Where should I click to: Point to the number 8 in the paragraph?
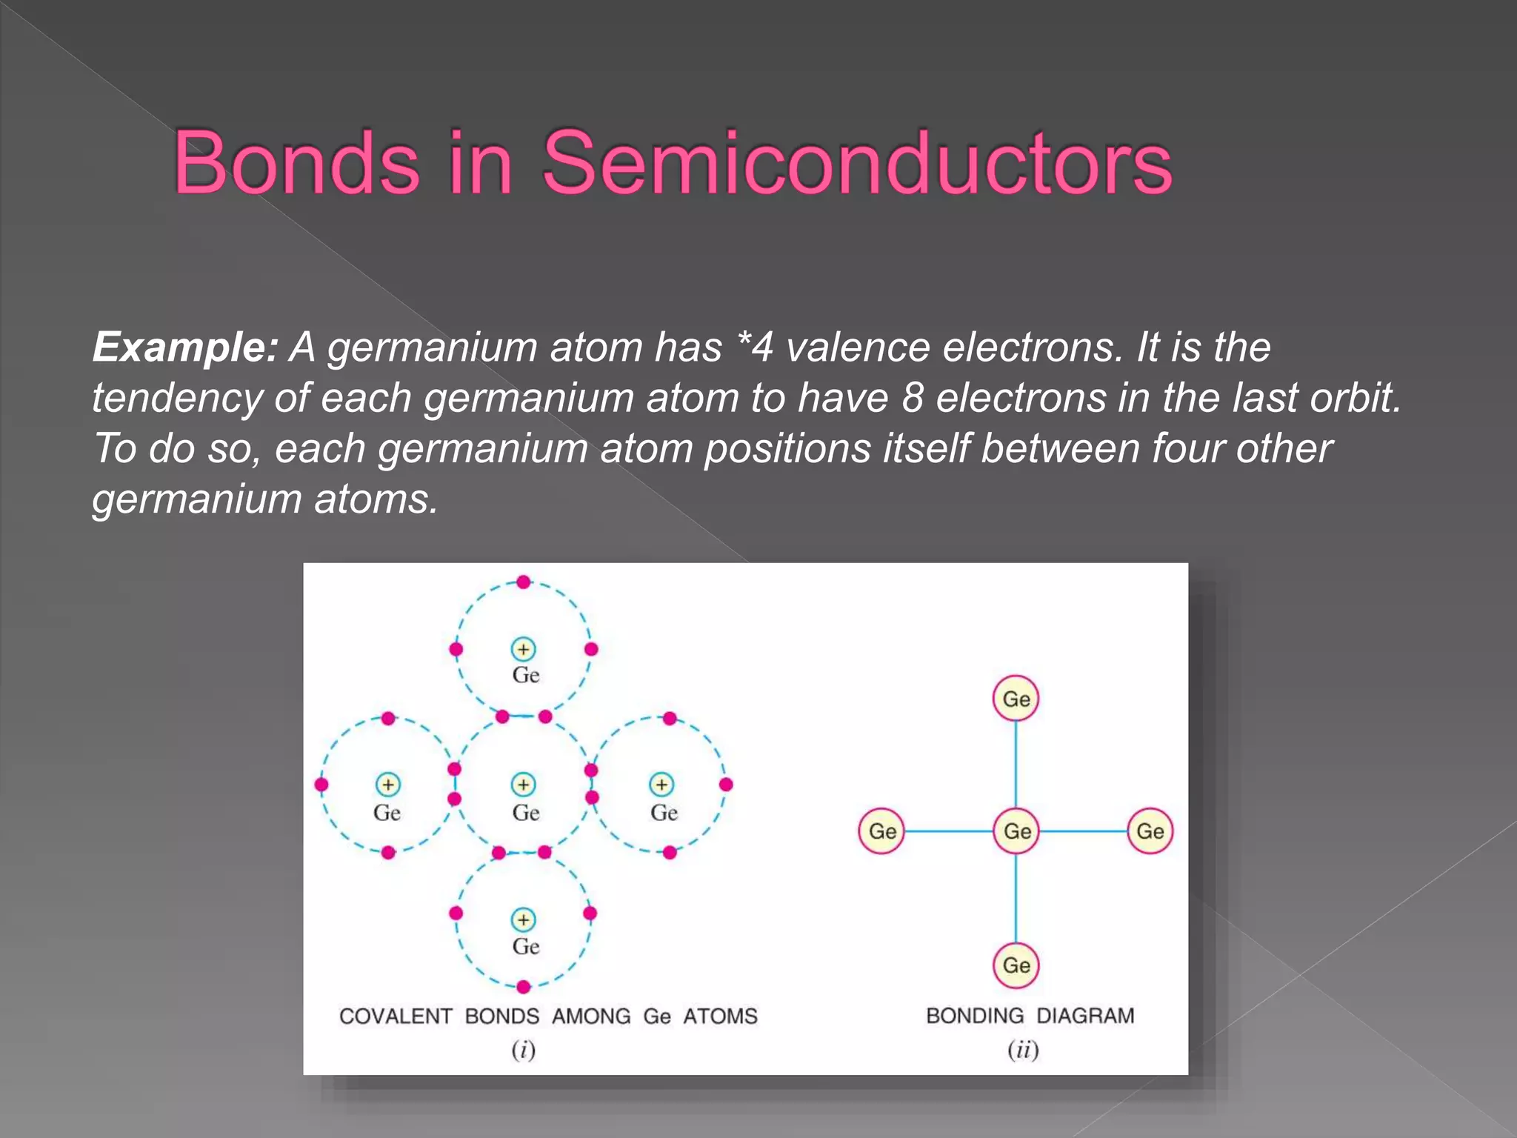[913, 398]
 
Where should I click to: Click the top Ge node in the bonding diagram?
[1016, 699]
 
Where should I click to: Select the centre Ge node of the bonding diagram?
[1016, 831]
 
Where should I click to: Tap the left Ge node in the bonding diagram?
[881, 831]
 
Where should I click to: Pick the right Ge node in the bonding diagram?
[1150, 831]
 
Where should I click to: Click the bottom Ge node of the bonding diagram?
[1016, 965]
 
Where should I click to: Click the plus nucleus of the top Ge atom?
[523, 650]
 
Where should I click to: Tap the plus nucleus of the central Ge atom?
[523, 785]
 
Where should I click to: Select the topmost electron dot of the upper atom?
[523, 582]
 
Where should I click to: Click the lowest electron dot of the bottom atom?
[523, 987]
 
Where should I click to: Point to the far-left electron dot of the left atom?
[321, 785]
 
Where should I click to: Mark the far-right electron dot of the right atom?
[726, 785]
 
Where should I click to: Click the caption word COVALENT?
[396, 1016]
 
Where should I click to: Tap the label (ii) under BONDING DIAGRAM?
[1023, 1050]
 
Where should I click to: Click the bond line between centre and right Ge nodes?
[1083, 831]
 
